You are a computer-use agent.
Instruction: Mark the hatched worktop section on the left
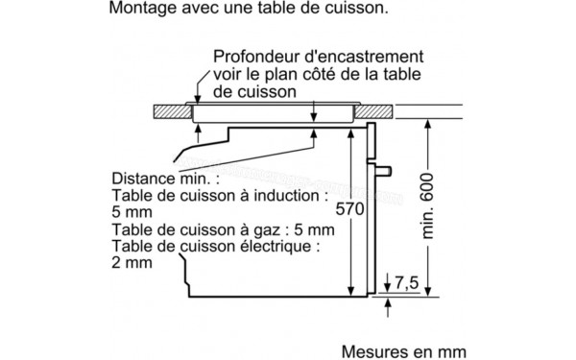click(173, 112)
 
